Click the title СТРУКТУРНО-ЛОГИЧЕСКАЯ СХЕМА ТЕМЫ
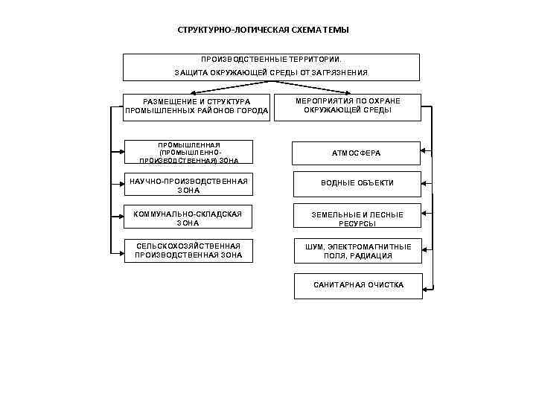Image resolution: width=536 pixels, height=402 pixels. (x=263, y=30)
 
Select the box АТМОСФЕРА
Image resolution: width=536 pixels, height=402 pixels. (x=356, y=153)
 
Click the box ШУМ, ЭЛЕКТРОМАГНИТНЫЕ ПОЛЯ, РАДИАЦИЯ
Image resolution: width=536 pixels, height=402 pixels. (x=357, y=251)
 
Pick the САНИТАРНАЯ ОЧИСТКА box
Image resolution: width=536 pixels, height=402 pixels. (x=359, y=286)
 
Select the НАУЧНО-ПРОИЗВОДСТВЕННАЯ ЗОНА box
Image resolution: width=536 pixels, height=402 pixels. (x=188, y=185)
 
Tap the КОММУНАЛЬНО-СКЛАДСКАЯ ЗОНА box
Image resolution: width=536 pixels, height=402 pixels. (x=188, y=218)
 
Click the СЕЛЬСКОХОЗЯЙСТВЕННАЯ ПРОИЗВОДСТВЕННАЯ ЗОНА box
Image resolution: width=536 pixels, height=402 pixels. (x=188, y=251)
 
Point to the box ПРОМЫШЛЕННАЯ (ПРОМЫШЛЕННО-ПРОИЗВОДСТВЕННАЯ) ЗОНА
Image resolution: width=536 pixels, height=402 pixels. (x=188, y=152)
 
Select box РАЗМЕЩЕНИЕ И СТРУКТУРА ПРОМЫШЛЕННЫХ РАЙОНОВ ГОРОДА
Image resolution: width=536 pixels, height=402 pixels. (x=197, y=106)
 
